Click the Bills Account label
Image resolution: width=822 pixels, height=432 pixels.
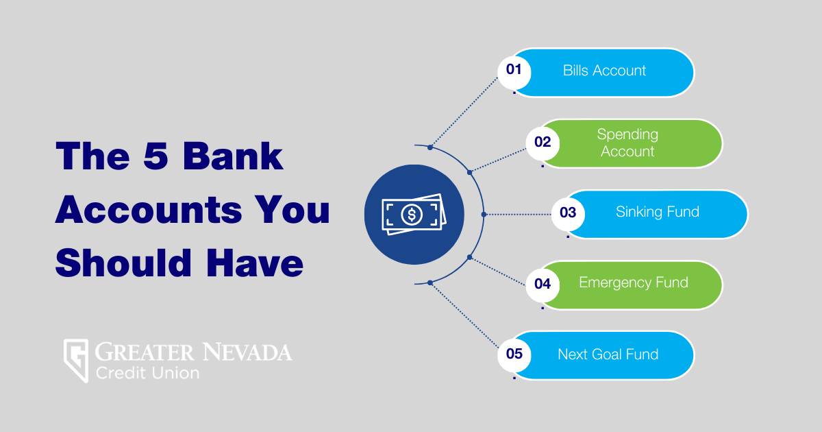[604, 71]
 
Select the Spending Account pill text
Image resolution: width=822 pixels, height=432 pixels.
[627, 143]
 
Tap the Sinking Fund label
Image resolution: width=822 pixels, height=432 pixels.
[657, 212]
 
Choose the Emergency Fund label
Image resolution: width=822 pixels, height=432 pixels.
[633, 283]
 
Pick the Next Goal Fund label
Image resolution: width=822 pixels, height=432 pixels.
[608, 355]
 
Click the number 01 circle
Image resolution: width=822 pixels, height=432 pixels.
[514, 71]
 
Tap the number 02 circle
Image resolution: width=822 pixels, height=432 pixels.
[543, 143]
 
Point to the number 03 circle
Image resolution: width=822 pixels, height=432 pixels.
[568, 213]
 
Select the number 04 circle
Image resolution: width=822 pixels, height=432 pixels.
[543, 283]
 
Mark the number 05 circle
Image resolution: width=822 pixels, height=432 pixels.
[514, 355]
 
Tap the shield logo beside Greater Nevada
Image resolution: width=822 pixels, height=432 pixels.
[75, 360]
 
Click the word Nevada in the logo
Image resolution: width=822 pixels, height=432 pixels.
[247, 353]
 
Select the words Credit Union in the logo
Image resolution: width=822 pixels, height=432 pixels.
[147, 374]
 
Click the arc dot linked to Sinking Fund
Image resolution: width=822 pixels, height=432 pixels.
[484, 214]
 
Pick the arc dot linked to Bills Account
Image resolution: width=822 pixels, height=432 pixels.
[430, 147]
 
